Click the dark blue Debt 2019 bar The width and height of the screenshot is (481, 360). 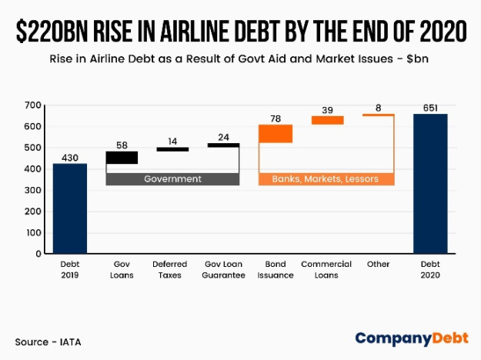pyautogui.click(x=69, y=208)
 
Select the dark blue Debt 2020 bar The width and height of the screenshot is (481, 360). pyautogui.click(x=430, y=183)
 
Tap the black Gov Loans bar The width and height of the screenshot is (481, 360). pyautogui.click(x=122, y=158)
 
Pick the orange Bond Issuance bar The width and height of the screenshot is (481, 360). pyautogui.click(x=275, y=134)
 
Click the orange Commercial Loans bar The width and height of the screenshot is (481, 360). pyautogui.click(x=327, y=120)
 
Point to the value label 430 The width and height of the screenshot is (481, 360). pyautogui.click(x=69, y=157)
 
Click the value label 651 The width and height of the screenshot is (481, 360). pyautogui.click(x=430, y=108)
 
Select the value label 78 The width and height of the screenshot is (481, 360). pyautogui.click(x=276, y=118)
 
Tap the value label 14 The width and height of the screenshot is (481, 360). pyautogui.click(x=172, y=142)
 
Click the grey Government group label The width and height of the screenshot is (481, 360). pyautogui.click(x=172, y=179)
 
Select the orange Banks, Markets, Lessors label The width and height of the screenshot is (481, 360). pyautogui.click(x=326, y=179)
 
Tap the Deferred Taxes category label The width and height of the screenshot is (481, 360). pyautogui.click(x=172, y=269)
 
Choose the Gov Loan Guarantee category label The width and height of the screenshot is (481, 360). pyautogui.click(x=224, y=269)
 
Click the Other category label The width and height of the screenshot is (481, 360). pyautogui.click(x=379, y=265)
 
